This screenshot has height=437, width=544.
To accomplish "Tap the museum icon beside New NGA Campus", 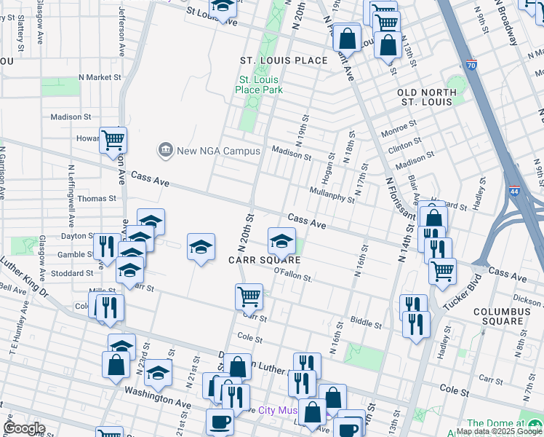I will tap(165, 151).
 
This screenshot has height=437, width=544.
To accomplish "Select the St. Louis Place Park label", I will tap(258, 84).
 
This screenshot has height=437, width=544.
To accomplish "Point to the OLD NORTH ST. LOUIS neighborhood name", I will tap(427, 97).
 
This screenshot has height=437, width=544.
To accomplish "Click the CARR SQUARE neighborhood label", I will tap(265, 260).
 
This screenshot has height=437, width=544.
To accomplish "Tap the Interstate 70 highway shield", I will tap(471, 66).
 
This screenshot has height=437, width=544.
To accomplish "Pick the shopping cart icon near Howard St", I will tap(113, 139).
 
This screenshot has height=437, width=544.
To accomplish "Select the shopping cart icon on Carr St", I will tap(249, 296).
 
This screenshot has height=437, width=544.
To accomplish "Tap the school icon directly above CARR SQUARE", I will tap(281, 240).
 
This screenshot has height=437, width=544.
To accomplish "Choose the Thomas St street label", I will tap(97, 198).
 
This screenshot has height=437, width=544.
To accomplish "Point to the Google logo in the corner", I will tap(24, 428).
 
